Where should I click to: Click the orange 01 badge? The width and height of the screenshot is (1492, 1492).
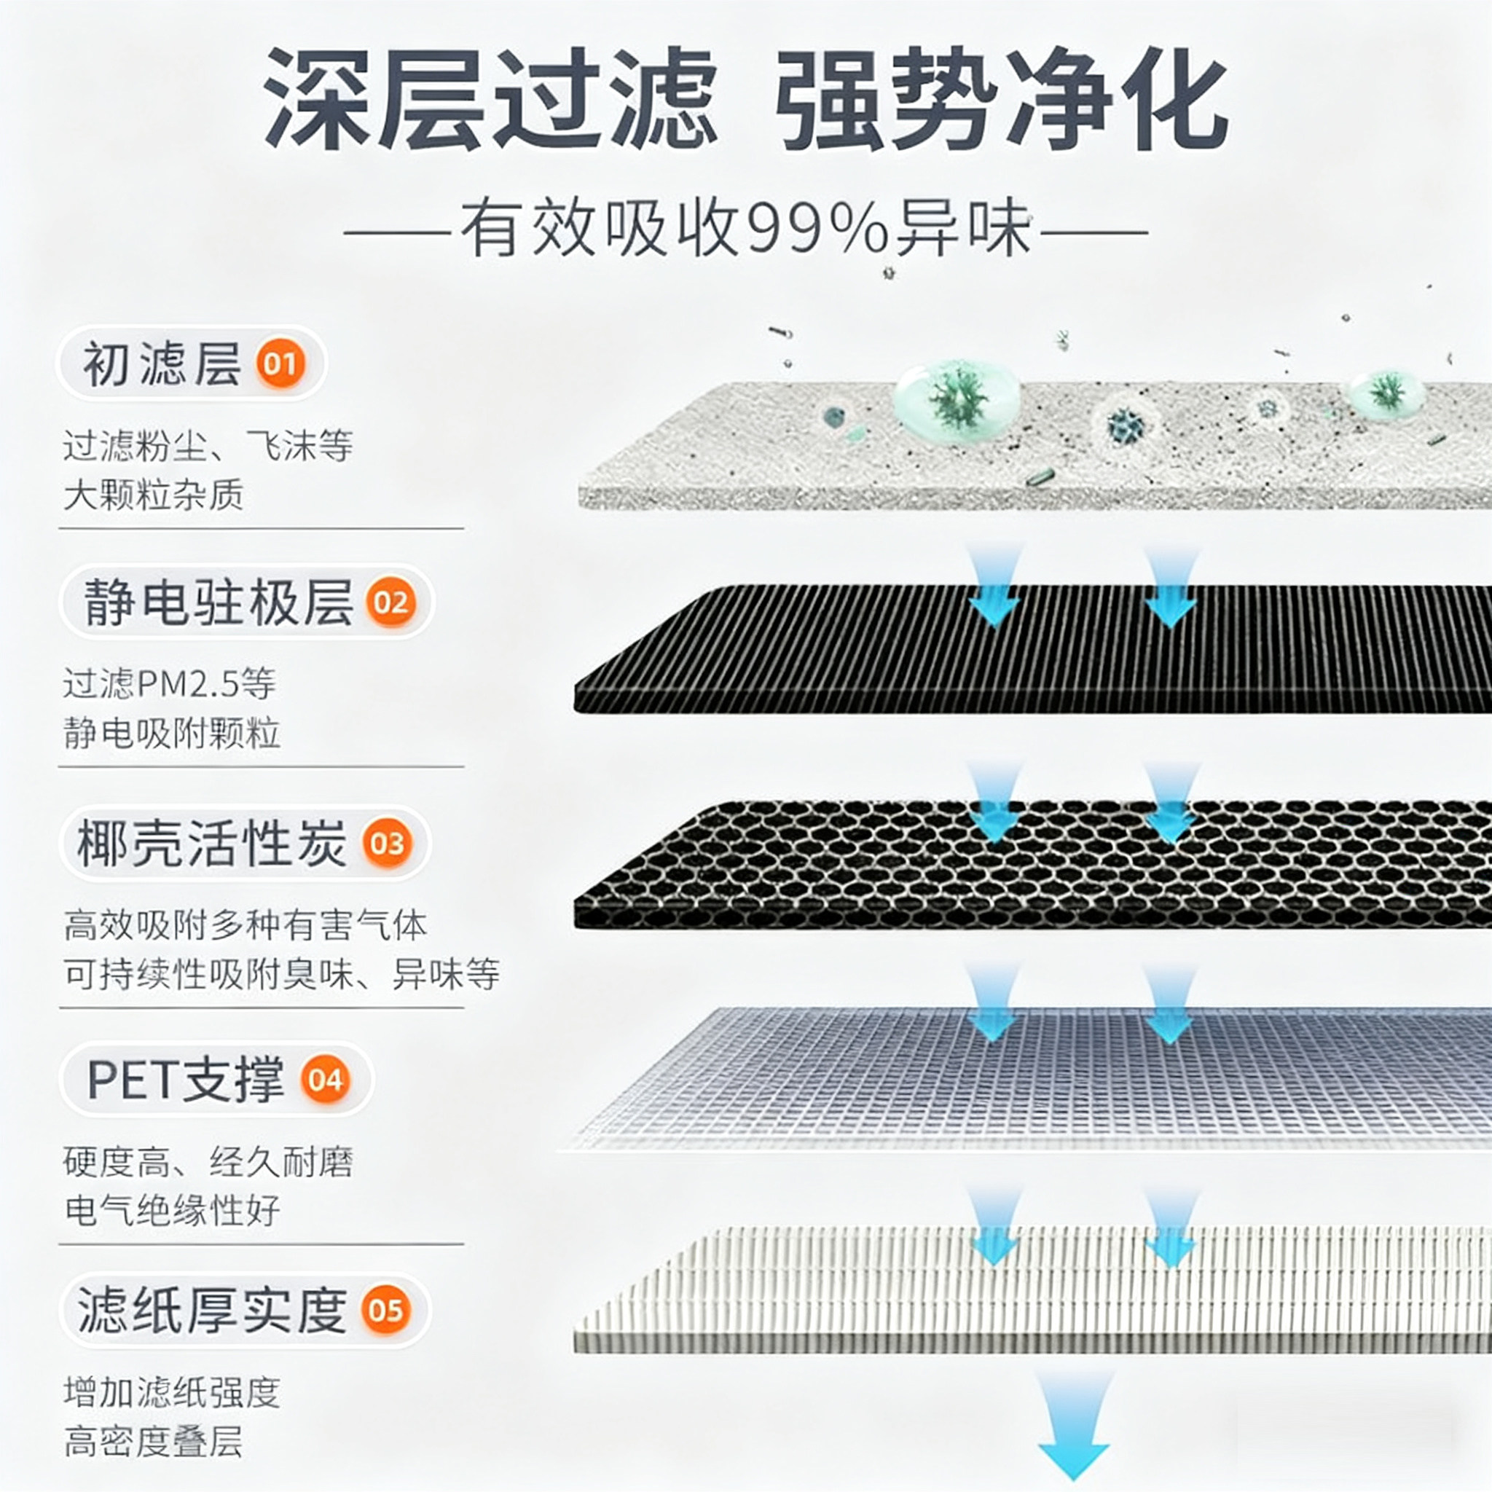pos(280,363)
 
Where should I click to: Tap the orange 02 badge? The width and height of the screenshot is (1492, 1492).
pos(390,602)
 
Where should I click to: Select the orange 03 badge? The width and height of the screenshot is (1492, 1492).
pos(387,844)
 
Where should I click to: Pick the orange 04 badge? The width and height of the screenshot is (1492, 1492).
pos(325,1080)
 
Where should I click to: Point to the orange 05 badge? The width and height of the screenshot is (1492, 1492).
pos(385,1310)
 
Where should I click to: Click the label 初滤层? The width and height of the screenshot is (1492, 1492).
pos(162,364)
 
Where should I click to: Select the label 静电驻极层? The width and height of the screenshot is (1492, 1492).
pos(218,602)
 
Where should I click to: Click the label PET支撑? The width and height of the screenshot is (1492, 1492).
pos(185,1080)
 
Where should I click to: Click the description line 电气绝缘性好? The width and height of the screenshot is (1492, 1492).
pos(171,1210)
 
